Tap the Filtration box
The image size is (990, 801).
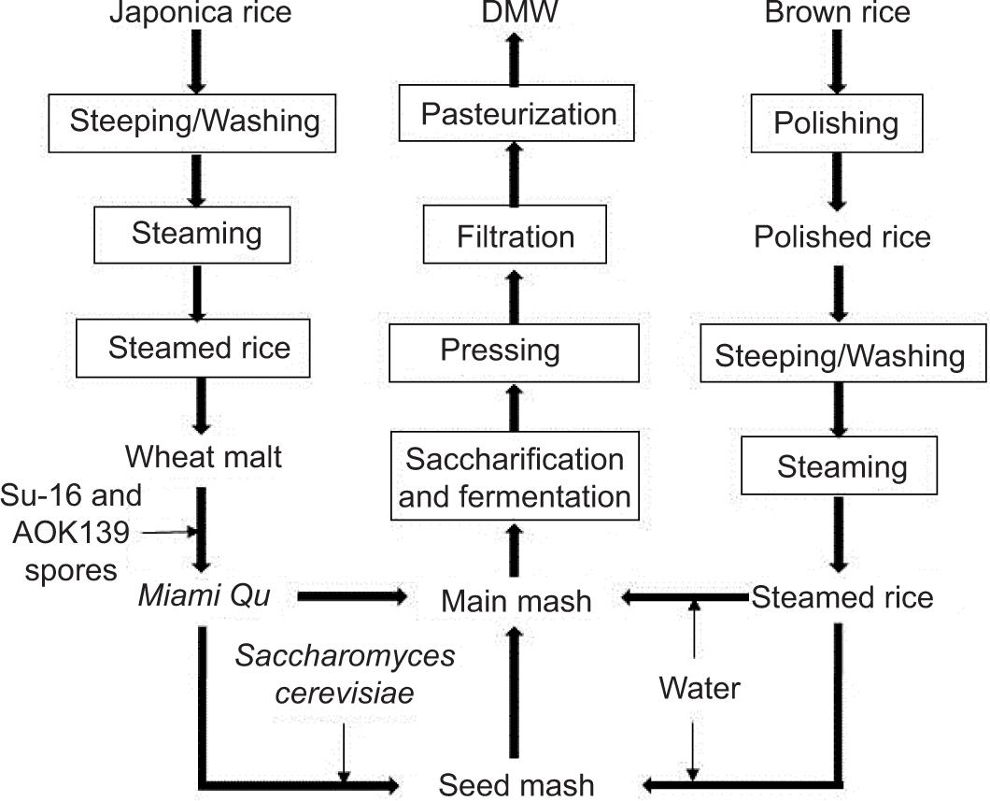(x=516, y=236)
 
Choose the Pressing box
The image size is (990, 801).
(x=501, y=352)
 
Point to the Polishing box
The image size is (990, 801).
(x=837, y=123)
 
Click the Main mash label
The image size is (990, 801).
(x=516, y=600)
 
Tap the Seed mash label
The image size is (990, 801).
(x=516, y=783)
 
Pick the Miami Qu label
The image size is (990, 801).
(x=204, y=595)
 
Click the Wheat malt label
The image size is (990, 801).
(x=204, y=458)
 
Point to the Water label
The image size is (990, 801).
(x=699, y=689)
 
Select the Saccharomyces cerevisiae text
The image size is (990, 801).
(x=345, y=673)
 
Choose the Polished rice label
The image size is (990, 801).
(x=842, y=236)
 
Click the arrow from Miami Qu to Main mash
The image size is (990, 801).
(x=352, y=595)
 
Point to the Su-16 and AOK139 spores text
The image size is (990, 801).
(x=71, y=532)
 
